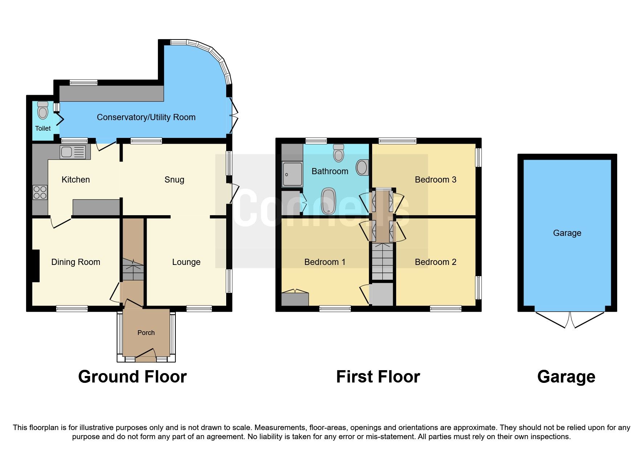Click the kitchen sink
(x=73, y=152)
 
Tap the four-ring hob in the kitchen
(x=40, y=192)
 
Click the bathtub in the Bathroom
(x=329, y=201)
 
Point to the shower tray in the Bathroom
(x=292, y=174)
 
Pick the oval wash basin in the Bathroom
(x=362, y=167)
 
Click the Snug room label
(x=174, y=180)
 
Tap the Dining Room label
(x=76, y=262)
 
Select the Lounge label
(x=186, y=262)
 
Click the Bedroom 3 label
(x=435, y=180)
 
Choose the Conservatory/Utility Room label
(x=146, y=117)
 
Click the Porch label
(x=146, y=332)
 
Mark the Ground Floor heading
(x=132, y=377)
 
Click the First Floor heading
(x=378, y=377)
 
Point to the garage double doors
(x=570, y=320)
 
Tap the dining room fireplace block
(x=36, y=266)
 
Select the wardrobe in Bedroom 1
(x=295, y=299)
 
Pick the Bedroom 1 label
(x=325, y=262)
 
